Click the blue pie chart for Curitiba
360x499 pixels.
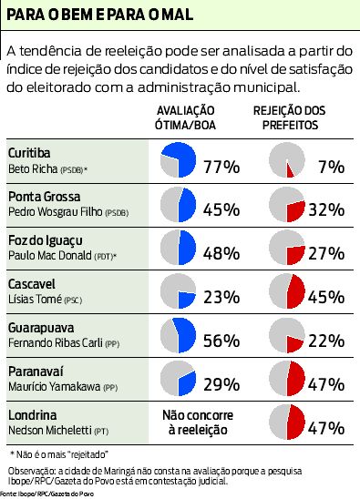(178, 160)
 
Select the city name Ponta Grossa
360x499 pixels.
(45, 196)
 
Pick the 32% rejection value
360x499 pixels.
(326, 209)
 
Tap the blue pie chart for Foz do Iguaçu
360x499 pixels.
(178, 248)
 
